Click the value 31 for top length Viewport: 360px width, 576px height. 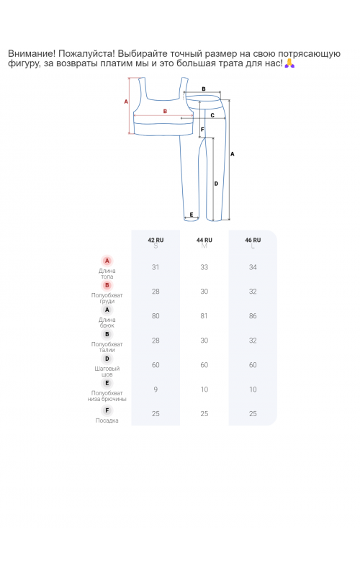pos(156,267)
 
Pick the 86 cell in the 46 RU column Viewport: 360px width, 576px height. pos(253,316)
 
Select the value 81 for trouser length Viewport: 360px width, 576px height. pos(204,316)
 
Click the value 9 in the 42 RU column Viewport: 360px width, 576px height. pos(156,390)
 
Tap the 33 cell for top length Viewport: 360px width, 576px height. pos(204,267)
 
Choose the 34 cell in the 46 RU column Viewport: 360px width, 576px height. pos(253,267)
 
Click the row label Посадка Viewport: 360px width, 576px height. pos(107,420)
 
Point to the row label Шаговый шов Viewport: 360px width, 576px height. pos(107,372)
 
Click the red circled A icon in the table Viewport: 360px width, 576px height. pos(107,261)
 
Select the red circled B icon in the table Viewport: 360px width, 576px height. pos(107,285)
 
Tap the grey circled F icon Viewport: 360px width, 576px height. pos(107,410)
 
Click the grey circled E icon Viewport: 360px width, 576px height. pos(107,383)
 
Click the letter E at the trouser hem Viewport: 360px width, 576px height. pos(192,215)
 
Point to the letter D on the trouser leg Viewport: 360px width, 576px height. pos(216,184)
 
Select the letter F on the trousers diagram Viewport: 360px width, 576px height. pos(202,130)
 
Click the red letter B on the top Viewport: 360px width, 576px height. pos(165,112)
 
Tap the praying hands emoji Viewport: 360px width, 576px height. pos(290,63)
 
